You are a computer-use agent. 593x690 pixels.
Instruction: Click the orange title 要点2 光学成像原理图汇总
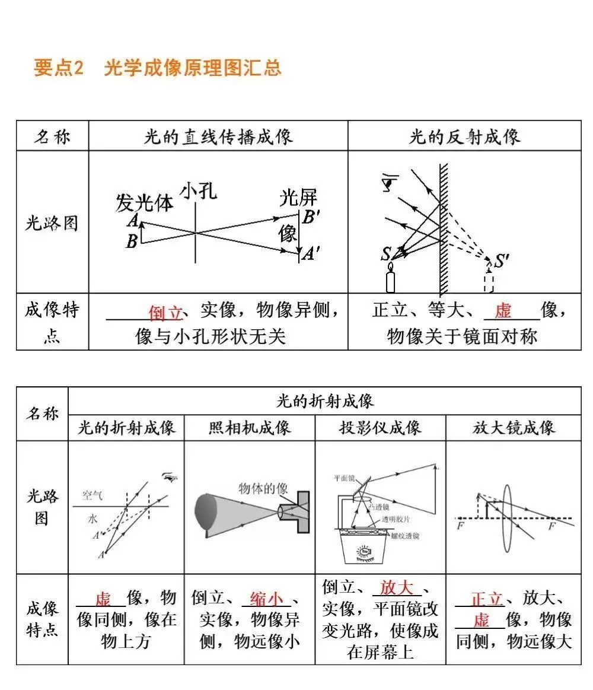click(x=157, y=68)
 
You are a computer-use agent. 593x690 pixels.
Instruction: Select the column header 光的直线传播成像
click(x=218, y=137)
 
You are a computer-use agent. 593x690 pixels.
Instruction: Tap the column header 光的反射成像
click(x=464, y=137)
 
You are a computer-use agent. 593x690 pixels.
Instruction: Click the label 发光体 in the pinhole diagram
click(x=144, y=203)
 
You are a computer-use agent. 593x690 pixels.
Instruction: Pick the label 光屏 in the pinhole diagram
click(x=298, y=198)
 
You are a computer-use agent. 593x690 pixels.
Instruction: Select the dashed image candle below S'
click(x=489, y=281)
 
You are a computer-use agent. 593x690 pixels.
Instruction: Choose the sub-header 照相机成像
click(x=250, y=428)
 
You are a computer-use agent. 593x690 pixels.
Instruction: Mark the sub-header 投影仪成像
click(x=380, y=428)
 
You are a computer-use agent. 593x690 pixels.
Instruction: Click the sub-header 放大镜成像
click(x=514, y=428)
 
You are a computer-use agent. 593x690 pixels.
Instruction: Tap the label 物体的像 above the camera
click(x=263, y=488)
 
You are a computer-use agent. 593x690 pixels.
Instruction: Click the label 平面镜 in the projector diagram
click(x=344, y=477)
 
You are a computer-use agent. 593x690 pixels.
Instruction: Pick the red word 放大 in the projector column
click(x=397, y=587)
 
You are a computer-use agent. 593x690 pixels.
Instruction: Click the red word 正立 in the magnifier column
click(x=487, y=598)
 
